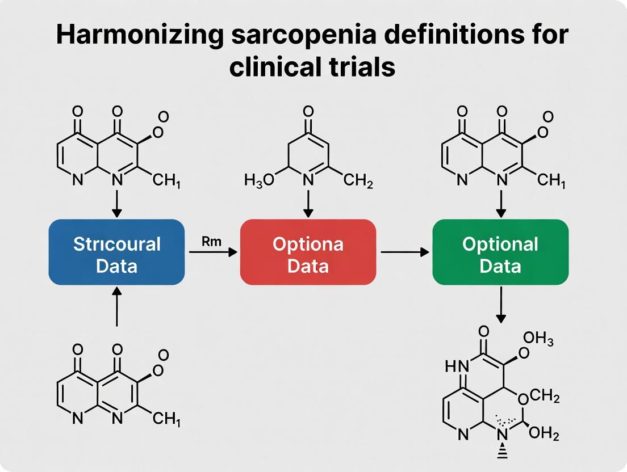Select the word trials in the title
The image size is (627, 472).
pos(359,68)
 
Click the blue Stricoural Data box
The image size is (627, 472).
pos(116,252)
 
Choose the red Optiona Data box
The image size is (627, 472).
pos(308,252)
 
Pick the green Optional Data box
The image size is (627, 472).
pos(500,252)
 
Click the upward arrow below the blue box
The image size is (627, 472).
pos(116,306)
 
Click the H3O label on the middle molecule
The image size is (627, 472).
pos(260,182)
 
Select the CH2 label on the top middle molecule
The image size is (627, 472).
pos(358,182)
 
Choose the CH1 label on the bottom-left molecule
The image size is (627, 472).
pos(166,420)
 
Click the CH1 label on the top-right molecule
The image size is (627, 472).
pos(551,182)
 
